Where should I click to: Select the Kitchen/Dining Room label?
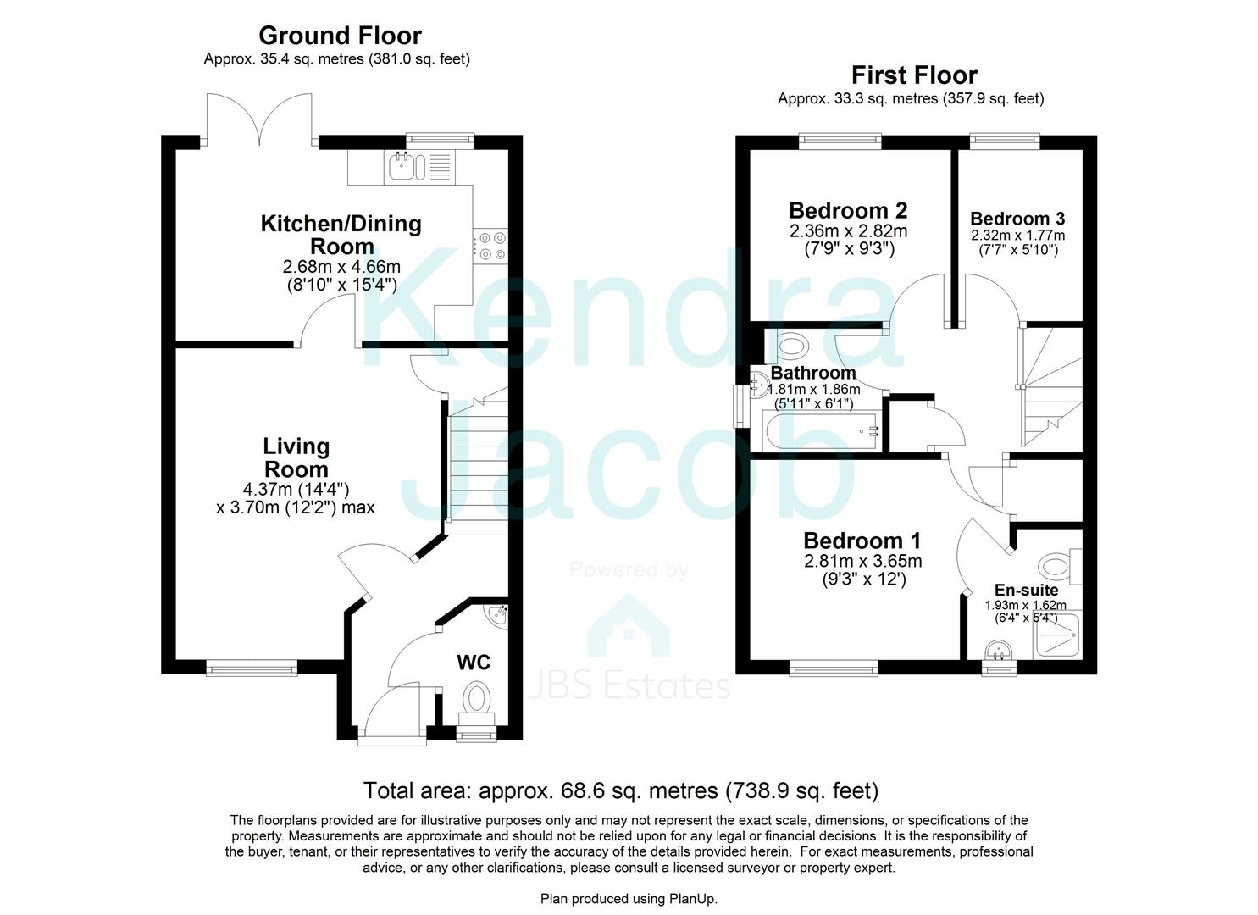click(x=341, y=235)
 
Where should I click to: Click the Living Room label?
click(x=296, y=457)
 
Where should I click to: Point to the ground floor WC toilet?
click(x=477, y=701)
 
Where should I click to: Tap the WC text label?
click(x=474, y=663)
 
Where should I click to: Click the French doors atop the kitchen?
click(x=260, y=119)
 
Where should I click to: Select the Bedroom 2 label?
click(x=848, y=210)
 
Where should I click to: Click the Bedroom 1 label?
click(x=862, y=541)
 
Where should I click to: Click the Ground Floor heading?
click(x=340, y=36)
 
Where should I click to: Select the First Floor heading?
click(x=914, y=75)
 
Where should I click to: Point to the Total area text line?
click(x=621, y=790)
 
